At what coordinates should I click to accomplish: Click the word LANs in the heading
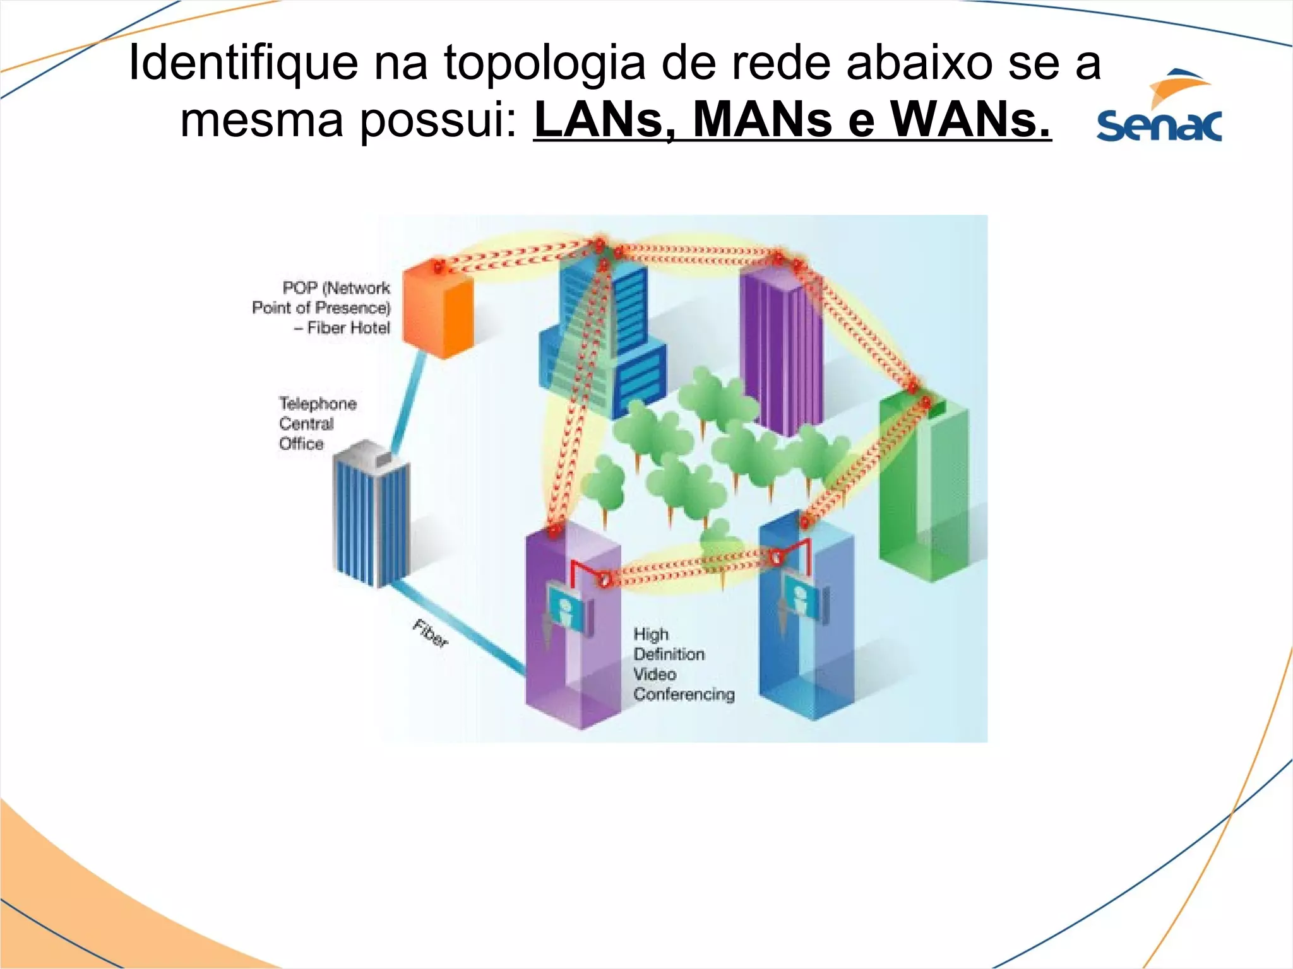pyautogui.click(x=606, y=120)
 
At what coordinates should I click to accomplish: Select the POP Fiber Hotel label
pyautogui.click(x=322, y=308)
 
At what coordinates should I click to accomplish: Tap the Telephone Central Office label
pyautogui.click(x=317, y=423)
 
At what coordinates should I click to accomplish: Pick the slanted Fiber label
pyautogui.click(x=431, y=633)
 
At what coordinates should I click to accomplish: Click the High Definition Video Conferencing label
pyautogui.click(x=684, y=664)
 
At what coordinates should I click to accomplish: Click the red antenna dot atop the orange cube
pyautogui.click(x=438, y=267)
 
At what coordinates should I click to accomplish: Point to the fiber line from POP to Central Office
pyautogui.click(x=409, y=404)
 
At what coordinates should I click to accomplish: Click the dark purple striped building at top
pyautogui.click(x=782, y=347)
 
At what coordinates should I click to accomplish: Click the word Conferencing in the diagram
pyautogui.click(x=684, y=695)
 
